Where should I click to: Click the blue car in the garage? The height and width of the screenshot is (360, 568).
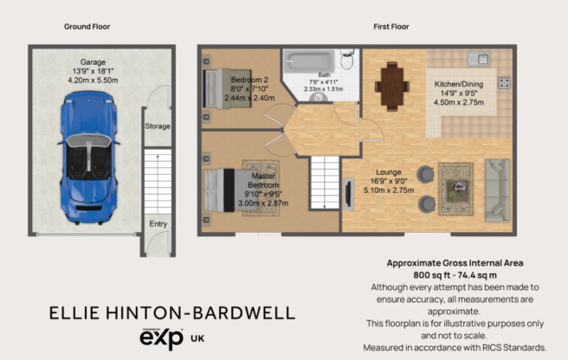tap(88, 157)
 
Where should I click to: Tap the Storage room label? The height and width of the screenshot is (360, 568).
tap(158, 126)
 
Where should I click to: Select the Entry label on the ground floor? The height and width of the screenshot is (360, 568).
tap(158, 224)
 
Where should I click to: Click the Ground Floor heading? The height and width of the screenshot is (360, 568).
tap(87, 27)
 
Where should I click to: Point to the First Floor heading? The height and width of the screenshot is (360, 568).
tap(391, 27)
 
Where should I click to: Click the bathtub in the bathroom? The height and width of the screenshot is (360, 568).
tap(309, 61)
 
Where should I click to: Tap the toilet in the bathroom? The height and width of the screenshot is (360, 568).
tap(347, 59)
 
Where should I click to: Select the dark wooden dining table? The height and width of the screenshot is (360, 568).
tap(392, 86)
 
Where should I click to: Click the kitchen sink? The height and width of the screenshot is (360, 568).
tap(479, 59)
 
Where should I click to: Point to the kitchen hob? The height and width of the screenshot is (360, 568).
tap(504, 83)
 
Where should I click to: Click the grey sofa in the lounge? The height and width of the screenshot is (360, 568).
tap(497, 190)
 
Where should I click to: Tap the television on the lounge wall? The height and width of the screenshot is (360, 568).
tap(348, 194)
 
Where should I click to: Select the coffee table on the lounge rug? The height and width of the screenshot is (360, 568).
tap(456, 190)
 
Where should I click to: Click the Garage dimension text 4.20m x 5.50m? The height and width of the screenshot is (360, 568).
tap(94, 80)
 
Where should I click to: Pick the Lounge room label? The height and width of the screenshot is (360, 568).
tap(388, 172)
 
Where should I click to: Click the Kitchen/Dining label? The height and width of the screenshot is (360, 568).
tap(459, 84)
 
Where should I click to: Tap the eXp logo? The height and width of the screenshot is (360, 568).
tap(162, 338)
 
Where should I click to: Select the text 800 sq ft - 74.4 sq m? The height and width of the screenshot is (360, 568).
tap(455, 275)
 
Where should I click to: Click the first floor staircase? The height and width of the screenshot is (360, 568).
tap(325, 183)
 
